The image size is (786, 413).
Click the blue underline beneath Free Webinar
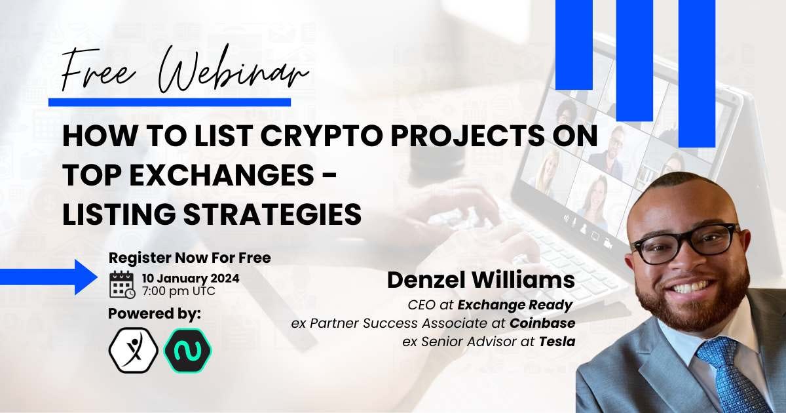click(x=170, y=102)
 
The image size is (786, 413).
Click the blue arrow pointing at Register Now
click(x=48, y=277)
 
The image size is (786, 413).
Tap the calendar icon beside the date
click(x=122, y=285)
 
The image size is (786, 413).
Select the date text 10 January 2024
click(x=191, y=279)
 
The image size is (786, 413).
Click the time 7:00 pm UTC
click(x=179, y=292)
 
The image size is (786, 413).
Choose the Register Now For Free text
click(x=189, y=258)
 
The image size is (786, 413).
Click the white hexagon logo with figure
click(x=134, y=350)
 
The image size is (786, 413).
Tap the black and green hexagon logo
click(x=188, y=350)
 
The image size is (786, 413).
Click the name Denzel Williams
click(x=481, y=281)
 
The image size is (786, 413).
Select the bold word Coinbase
click(x=542, y=323)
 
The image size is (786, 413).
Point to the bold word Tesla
click(x=557, y=342)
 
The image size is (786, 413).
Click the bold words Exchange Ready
click(x=515, y=305)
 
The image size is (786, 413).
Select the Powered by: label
click(x=155, y=314)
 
